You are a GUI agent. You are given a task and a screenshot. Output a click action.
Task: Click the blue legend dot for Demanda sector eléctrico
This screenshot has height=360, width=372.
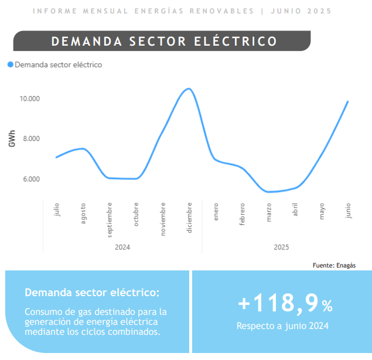click(x=10, y=64)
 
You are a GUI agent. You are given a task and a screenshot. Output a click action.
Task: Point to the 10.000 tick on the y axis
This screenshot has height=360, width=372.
click(x=30, y=98)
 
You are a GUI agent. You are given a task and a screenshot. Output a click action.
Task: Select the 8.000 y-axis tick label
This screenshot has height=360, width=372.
click(x=31, y=139)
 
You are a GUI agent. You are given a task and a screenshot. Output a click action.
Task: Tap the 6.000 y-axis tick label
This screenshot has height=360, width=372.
click(x=31, y=179)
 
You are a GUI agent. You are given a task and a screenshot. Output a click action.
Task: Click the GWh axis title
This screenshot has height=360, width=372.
click(x=12, y=138)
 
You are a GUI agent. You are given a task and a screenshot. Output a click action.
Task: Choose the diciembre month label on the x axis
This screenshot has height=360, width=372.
click(x=189, y=218)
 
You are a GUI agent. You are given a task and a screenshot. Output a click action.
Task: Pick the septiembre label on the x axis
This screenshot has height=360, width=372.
click(x=109, y=220)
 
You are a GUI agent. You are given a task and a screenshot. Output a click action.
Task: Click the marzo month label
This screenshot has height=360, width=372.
click(x=268, y=212)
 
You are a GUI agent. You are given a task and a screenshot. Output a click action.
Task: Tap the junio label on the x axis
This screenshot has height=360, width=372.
click(x=348, y=211)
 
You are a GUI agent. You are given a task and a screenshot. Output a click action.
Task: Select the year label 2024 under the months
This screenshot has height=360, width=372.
click(x=122, y=247)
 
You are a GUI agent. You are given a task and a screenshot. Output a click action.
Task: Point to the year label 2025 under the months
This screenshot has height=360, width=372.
click(x=281, y=247)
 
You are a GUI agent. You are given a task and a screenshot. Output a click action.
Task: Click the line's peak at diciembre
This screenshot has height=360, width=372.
click(x=189, y=89)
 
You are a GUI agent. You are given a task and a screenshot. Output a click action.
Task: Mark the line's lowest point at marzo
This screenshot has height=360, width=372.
click(x=268, y=192)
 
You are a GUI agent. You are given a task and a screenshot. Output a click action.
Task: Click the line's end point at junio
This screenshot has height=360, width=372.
click(x=348, y=102)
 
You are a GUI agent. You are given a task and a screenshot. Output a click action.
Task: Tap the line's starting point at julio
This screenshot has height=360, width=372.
click(x=56, y=157)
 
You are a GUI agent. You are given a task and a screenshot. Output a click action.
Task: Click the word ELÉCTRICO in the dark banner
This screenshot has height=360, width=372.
click(x=236, y=41)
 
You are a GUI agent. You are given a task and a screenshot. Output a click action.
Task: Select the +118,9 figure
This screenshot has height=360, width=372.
click(x=278, y=303)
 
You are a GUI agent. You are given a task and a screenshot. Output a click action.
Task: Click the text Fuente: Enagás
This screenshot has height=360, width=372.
click(x=334, y=265)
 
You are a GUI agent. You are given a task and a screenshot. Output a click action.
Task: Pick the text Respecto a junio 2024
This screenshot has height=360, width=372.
click(x=282, y=326)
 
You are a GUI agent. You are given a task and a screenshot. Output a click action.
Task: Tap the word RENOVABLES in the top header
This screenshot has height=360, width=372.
click(x=221, y=11)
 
